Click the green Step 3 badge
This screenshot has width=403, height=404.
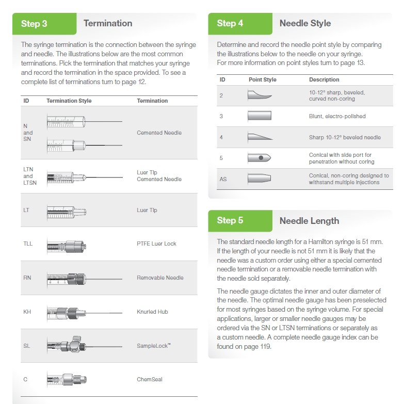pyautogui.click(x=44, y=24)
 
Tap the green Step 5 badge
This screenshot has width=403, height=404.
pyautogui.click(x=240, y=221)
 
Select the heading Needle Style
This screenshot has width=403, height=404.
pyautogui.click(x=305, y=23)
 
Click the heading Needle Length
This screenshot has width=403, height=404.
pyautogui.click(x=309, y=221)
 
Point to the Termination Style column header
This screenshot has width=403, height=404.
pyautogui.click(x=69, y=101)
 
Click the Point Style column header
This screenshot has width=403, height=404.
pyautogui.click(x=262, y=79)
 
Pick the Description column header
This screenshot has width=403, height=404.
pyautogui.click(x=324, y=79)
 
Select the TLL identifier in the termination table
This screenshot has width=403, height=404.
pyautogui.click(x=28, y=244)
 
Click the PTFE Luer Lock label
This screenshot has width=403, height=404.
pyautogui.click(x=156, y=244)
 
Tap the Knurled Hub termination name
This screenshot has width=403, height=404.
pyautogui.click(x=152, y=312)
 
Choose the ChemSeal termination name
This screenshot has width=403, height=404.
pyautogui.click(x=150, y=379)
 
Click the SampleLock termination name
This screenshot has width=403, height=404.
pyautogui.click(x=154, y=346)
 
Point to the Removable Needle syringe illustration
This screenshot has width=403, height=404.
pyautogui.click(x=85, y=279)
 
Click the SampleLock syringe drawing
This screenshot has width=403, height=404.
pyautogui.click(x=85, y=345)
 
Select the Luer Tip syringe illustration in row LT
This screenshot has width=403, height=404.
pyautogui.click(x=67, y=212)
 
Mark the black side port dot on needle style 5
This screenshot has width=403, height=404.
pyautogui.click(x=261, y=158)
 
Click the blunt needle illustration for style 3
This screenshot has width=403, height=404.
pyautogui.click(x=260, y=116)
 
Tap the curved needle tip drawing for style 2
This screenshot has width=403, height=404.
pyautogui.click(x=260, y=95)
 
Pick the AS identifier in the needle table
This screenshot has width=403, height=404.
pyautogui.click(x=223, y=180)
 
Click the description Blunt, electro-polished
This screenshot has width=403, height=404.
pyautogui.click(x=337, y=116)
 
